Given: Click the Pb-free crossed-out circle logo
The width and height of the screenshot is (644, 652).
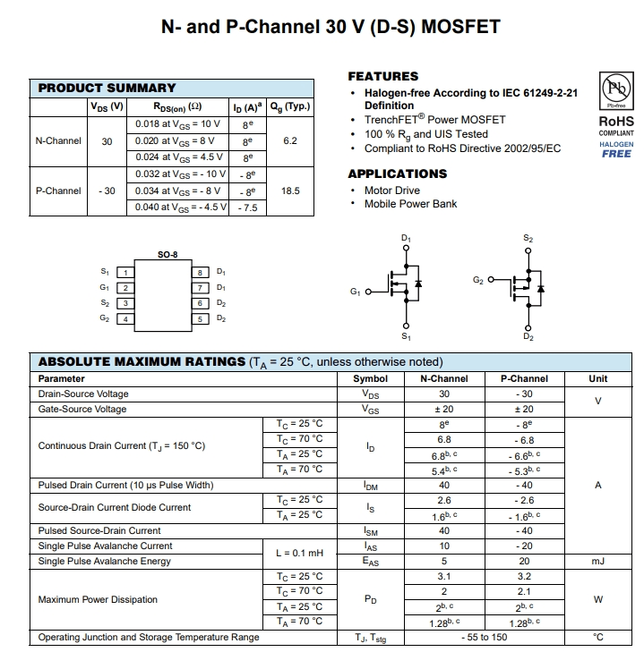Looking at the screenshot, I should point(615,89).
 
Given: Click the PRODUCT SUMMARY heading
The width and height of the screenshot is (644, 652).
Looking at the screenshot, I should point(107,88).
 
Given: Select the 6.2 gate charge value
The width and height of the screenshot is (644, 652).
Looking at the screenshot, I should point(289,140).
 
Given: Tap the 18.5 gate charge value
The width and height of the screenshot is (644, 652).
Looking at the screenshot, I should point(289,191).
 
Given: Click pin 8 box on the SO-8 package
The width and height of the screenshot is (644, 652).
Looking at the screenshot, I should point(202,272).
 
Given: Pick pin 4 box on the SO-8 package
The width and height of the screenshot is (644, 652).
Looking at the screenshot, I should point(125,318).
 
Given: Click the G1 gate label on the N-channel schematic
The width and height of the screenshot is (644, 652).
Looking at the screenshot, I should point(355,292).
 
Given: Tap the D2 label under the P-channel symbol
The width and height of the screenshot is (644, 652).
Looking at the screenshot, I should point(528,337).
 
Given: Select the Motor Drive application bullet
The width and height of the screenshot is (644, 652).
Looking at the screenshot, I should point(391,191).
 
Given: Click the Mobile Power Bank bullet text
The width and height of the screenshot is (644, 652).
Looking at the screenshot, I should point(410,204).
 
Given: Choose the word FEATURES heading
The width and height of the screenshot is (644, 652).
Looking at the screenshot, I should point(382,76).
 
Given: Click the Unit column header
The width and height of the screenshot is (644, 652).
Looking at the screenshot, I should point(597,378).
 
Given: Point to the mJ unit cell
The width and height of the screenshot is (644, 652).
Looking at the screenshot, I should point(597,562).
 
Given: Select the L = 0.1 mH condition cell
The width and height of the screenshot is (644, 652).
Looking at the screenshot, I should point(299,554).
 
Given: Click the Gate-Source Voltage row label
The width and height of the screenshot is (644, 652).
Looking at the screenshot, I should point(82,409).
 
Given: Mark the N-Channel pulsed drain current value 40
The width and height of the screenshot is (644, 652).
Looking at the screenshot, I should point(444,486).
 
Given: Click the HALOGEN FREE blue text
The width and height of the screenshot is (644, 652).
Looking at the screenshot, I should point(615,148).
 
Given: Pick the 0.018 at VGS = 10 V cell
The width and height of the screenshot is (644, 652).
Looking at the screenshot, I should point(177,123).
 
